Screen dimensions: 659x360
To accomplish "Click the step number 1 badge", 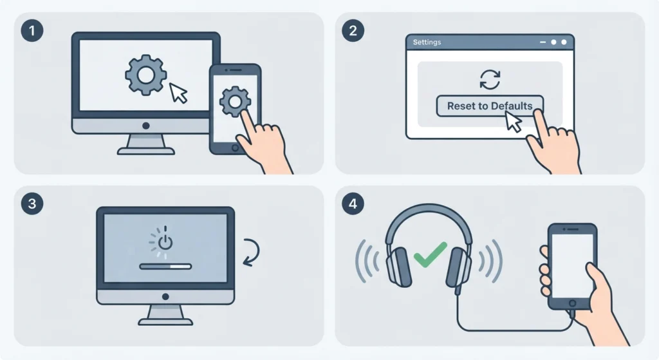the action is coord(32,31).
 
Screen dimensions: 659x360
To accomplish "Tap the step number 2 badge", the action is coord(353,31).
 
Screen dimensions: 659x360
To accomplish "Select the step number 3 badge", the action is coord(32,204).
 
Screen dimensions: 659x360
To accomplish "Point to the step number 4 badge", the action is coord(353,204).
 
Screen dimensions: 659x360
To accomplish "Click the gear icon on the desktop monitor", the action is coord(146,75).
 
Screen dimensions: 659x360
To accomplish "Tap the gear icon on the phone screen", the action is coord(236,101).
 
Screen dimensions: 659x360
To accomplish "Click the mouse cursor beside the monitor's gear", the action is coord(178,93).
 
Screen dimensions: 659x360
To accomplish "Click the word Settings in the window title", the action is coord(427,42).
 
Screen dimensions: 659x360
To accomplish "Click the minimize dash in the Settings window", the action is coord(543,42).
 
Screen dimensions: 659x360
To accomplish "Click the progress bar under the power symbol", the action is coord(165,266).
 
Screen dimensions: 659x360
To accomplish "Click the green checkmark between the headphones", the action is coord(430,255).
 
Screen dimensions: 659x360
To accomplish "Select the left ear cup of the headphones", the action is coord(398,267).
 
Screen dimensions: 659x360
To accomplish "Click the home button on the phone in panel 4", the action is coord(572,303).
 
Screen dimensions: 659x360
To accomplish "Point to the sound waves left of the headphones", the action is coord(367,261).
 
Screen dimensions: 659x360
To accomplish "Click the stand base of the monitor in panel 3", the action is coord(165,322).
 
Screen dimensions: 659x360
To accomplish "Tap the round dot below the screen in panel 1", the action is coord(146,126).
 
